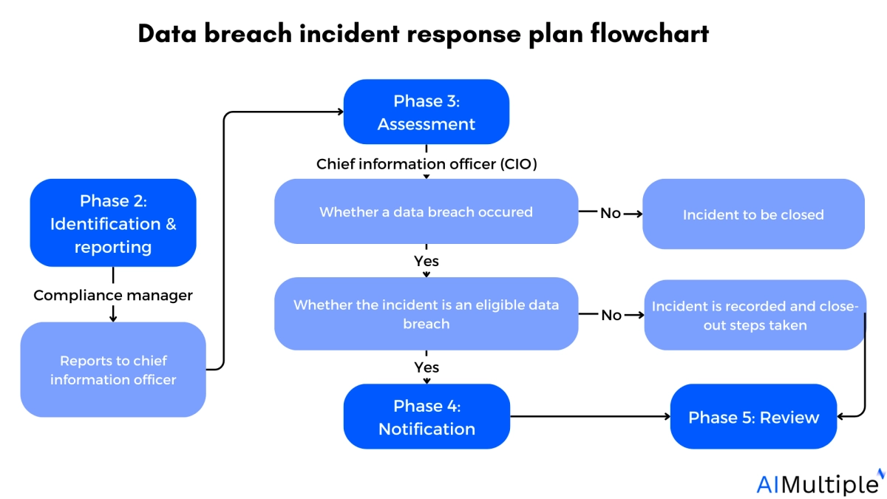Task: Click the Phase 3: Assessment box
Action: coord(426,112)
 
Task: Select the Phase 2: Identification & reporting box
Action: coord(113,223)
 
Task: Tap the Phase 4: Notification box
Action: coord(427,416)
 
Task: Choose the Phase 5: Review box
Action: coord(753,416)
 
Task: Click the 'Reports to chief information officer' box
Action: coord(113,370)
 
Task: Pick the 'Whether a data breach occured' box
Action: coord(426,211)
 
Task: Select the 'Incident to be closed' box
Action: coord(753,214)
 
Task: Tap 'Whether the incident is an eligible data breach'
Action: coord(426,313)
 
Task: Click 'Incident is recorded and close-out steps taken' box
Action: coord(755,315)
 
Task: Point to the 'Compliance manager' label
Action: coord(113,295)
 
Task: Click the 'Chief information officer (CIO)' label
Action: coord(426,164)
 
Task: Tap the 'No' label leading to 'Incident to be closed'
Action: coord(611,213)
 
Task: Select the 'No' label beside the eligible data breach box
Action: coord(611,315)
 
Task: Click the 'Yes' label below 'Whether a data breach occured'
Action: coord(426,261)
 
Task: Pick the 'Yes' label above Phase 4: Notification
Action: coord(426,367)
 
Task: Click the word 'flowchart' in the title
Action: coord(650,33)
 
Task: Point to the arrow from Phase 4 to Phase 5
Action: coord(591,416)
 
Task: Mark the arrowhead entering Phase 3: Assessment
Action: coord(341,112)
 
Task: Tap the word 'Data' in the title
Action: coord(167,33)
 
